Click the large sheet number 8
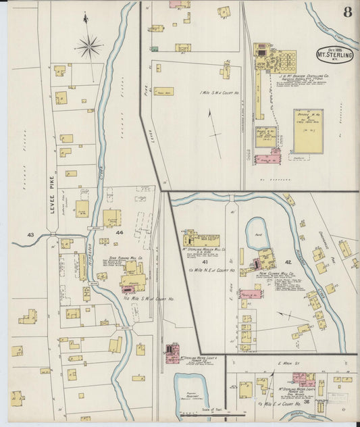(347, 11)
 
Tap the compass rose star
(88, 47)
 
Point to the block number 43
(30, 234)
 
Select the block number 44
(120, 232)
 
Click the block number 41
(204, 259)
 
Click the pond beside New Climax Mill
(257, 232)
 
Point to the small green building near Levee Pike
(154, 49)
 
